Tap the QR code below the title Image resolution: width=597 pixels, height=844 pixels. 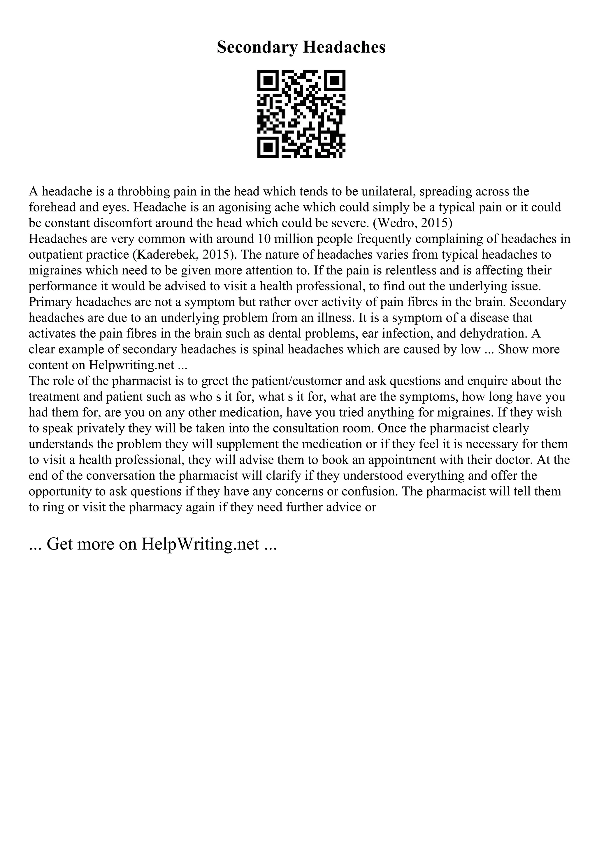pos(301,114)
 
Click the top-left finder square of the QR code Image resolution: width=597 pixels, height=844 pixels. pos(267,80)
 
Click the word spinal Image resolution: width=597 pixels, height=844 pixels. pos(268,349)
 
